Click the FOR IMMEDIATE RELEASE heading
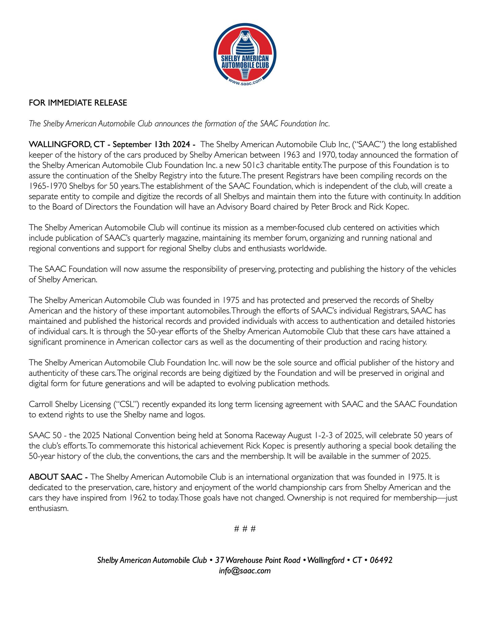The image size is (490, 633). (78, 103)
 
